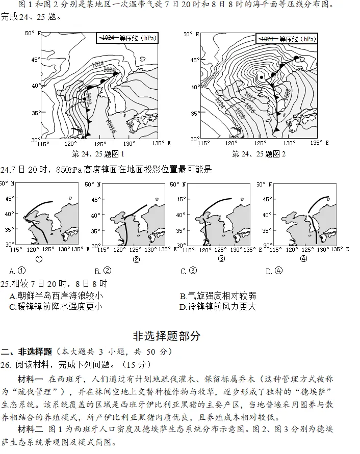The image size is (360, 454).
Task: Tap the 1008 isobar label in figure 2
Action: tap(287, 94)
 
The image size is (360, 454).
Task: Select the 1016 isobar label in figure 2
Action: tap(249, 108)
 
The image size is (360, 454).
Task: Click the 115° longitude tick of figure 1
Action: tap(43, 144)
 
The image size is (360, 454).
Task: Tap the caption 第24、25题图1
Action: tap(98, 154)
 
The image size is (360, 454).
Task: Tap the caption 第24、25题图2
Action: tap(259, 154)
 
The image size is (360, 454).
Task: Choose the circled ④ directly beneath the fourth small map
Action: tap(304, 259)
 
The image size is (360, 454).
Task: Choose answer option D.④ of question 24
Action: tap(274, 271)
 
